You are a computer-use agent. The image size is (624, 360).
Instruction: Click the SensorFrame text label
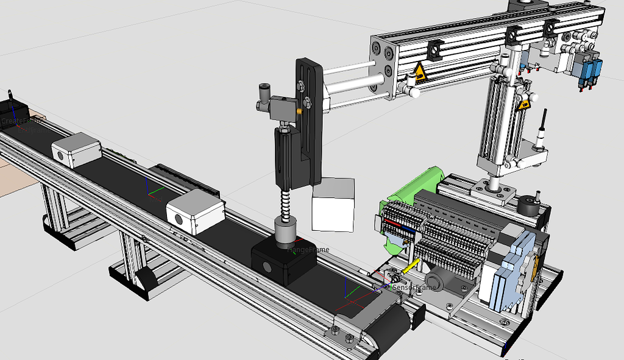(414, 287)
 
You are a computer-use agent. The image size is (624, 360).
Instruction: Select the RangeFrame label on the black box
(308, 250)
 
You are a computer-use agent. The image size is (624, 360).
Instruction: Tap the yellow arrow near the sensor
(411, 266)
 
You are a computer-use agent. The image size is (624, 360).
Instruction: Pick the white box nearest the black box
(196, 213)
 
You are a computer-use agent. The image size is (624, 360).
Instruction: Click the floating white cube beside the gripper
(333, 205)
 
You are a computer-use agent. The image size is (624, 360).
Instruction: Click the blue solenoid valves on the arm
(587, 69)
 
